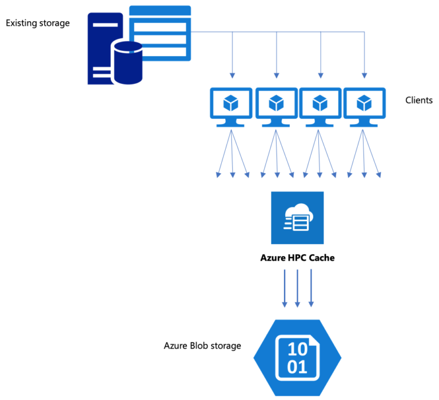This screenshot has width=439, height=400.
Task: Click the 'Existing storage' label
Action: point(38,23)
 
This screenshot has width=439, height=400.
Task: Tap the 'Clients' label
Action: point(418,101)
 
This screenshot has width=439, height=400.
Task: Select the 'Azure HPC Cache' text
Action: point(297,258)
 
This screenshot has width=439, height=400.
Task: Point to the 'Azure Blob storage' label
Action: point(202,346)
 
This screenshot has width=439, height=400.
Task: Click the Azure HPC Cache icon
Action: point(297,218)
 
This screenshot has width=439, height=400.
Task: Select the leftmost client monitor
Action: point(231,106)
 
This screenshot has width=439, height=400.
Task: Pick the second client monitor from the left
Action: point(276,106)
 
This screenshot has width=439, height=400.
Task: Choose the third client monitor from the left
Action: point(320,106)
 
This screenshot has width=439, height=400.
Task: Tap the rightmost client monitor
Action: point(364,106)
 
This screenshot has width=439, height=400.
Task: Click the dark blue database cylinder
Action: point(127,62)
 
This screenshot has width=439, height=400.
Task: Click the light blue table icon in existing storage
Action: point(160,33)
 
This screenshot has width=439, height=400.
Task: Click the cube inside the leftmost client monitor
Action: point(231,103)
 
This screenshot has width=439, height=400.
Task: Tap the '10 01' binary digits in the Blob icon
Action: point(297,358)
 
